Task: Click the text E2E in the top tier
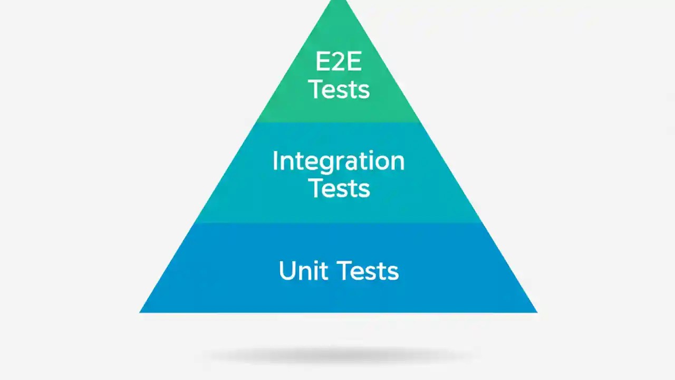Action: [339, 62]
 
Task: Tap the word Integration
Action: [339, 161]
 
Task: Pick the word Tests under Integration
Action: [339, 187]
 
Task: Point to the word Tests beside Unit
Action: [368, 271]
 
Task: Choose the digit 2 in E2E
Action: [339, 62]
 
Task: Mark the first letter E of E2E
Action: [322, 62]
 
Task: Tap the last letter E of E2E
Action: [354, 62]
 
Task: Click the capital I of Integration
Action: [275, 160]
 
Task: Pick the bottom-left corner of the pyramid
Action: [140, 312]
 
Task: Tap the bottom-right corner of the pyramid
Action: [536, 312]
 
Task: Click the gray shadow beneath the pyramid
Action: [339, 355]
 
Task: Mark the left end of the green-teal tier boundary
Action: [257, 122]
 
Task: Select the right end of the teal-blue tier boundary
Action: [481, 222]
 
